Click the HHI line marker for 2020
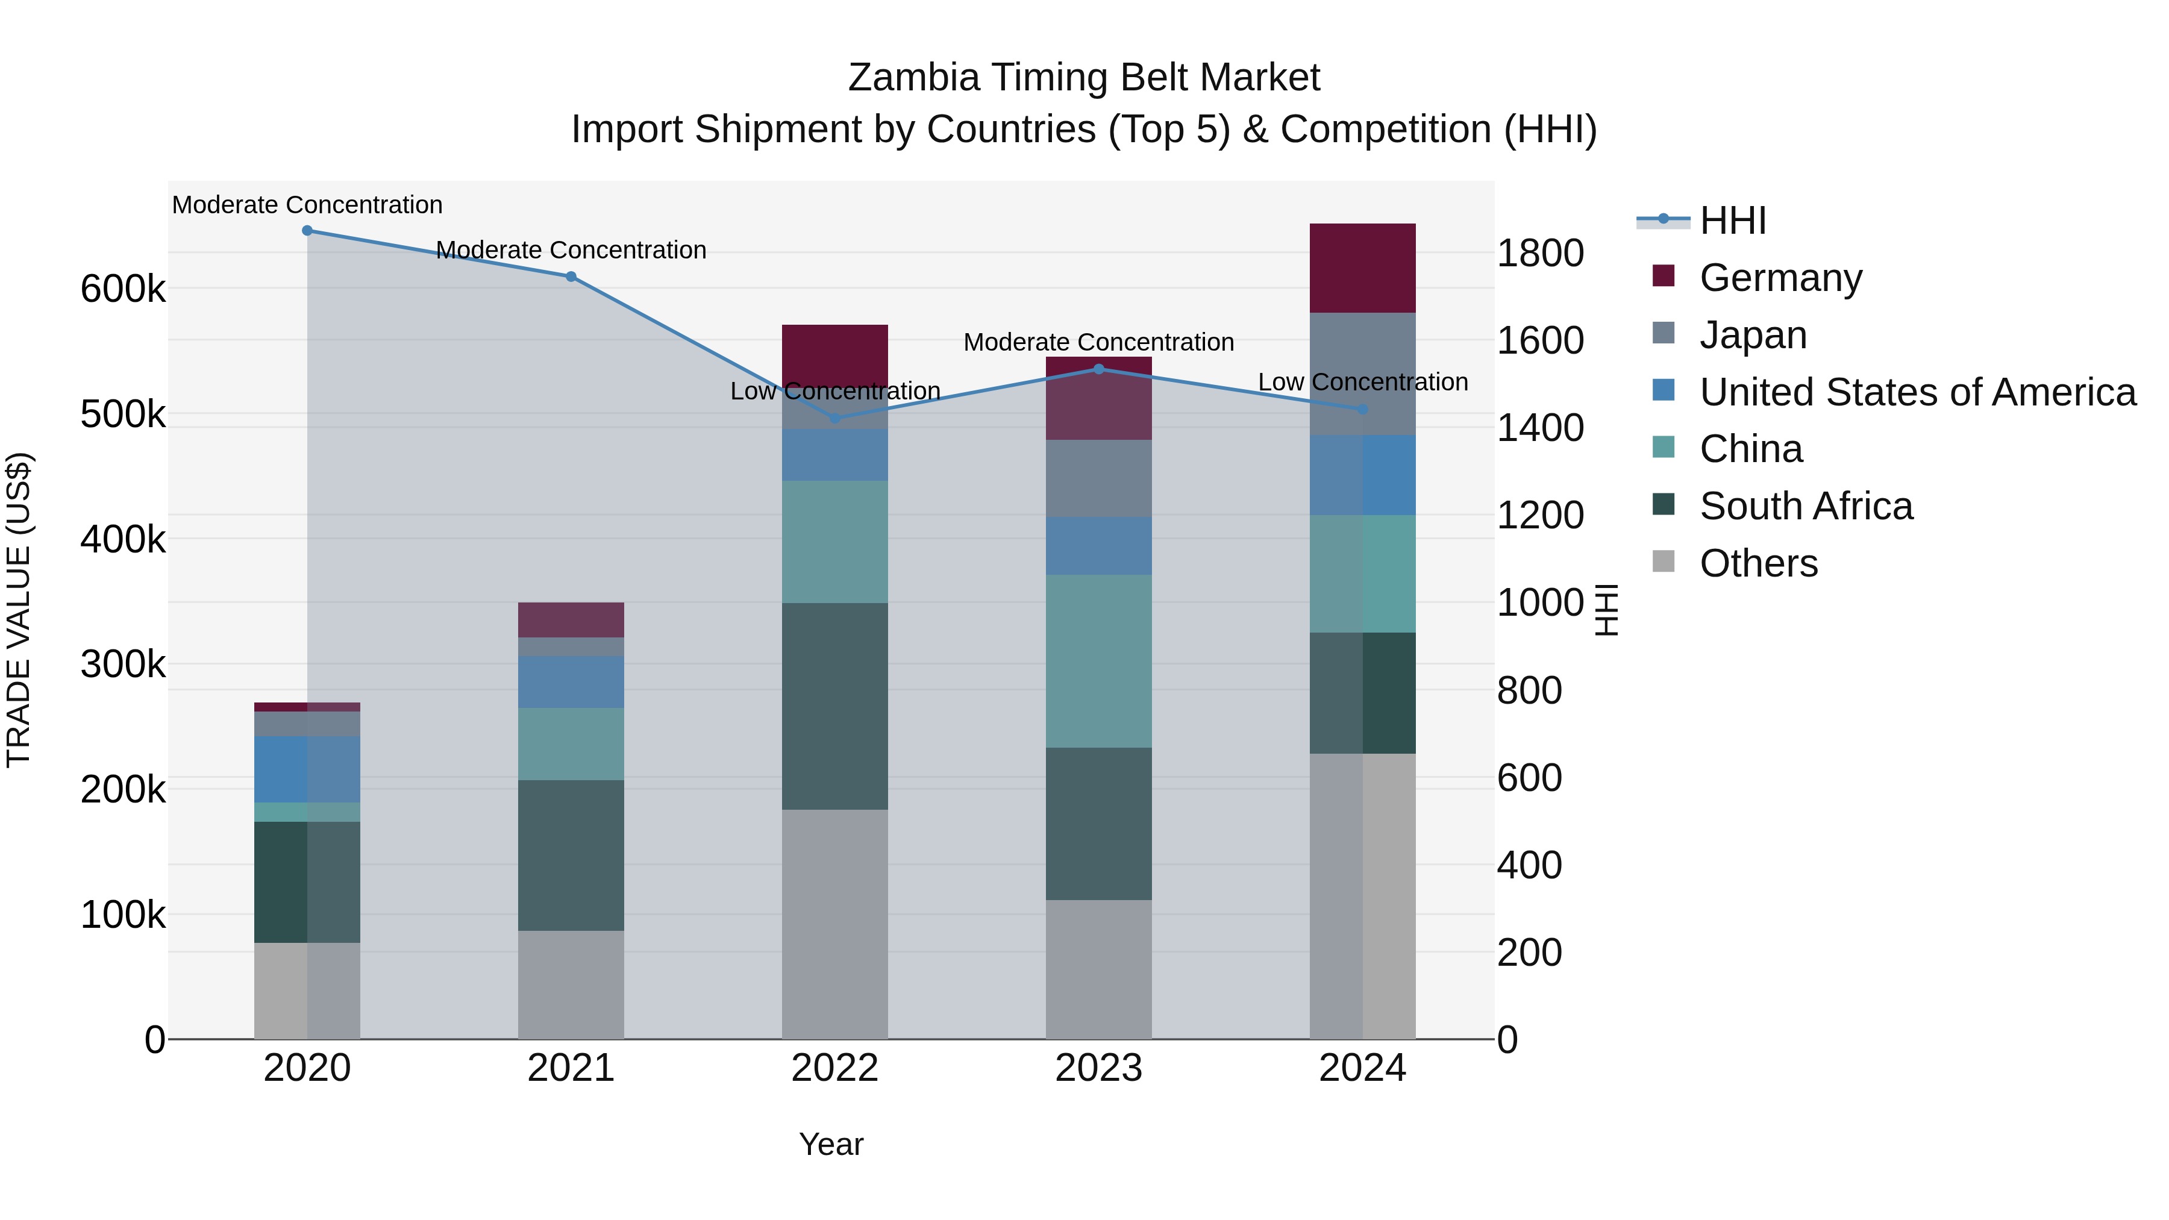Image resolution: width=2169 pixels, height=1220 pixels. pyautogui.click(x=307, y=231)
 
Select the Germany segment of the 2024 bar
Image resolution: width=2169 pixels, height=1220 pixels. pyautogui.click(x=1362, y=267)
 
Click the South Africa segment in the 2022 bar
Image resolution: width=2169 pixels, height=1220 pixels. pyautogui.click(x=834, y=707)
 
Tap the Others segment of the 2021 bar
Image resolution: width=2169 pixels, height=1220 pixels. pyautogui.click(x=571, y=984)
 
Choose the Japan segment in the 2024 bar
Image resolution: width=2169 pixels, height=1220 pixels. pyautogui.click(x=1362, y=374)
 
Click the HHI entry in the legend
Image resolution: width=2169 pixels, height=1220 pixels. pyautogui.click(x=1732, y=221)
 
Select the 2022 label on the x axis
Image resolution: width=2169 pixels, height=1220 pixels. pyautogui.click(x=834, y=1068)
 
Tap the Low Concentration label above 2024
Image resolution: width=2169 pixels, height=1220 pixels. pyautogui.click(x=1362, y=382)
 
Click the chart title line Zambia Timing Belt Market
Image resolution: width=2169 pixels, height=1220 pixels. pyautogui.click(x=1084, y=78)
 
